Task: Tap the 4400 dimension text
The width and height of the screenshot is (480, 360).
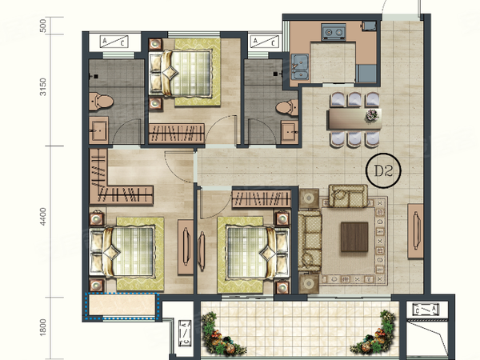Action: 43,217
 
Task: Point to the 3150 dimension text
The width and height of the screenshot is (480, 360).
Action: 43,87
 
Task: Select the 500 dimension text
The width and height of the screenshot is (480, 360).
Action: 43,26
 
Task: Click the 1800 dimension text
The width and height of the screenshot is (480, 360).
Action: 43,327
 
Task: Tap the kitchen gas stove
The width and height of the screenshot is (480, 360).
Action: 334,32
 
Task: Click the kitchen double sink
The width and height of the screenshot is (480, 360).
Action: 300,66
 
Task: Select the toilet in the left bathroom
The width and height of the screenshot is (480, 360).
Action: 101,102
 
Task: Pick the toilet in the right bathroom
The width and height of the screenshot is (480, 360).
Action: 287,107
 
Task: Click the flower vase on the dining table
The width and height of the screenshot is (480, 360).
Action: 372,116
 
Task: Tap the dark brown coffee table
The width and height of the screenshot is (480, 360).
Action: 354,237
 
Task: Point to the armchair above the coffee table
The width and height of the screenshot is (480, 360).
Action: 348,196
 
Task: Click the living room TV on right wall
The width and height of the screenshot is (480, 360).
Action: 415,231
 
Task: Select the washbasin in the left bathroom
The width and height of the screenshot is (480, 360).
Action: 98,130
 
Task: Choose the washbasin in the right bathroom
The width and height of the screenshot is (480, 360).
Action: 290,132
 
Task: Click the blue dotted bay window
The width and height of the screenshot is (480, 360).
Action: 122,306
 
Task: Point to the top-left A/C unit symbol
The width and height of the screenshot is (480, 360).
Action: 114,42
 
